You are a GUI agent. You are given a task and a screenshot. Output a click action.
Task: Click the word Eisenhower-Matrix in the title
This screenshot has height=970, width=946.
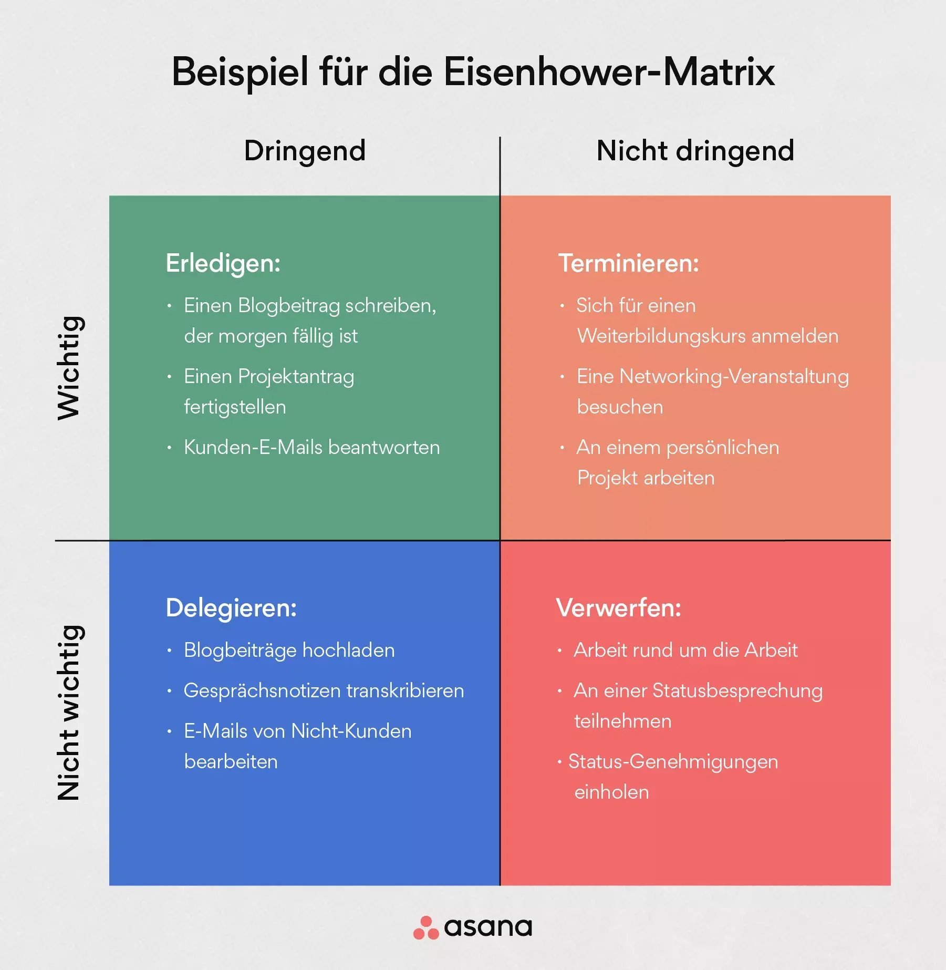[609, 72]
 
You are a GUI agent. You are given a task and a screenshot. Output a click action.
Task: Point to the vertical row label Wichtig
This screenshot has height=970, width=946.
[69, 368]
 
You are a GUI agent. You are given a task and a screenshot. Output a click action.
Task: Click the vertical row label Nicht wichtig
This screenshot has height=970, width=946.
[69, 713]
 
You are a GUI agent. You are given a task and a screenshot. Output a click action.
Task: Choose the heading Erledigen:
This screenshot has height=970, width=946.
[223, 264]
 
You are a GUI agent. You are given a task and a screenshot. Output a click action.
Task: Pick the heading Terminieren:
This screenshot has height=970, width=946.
[629, 263]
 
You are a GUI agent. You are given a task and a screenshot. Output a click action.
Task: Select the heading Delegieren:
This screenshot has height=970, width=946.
[232, 608]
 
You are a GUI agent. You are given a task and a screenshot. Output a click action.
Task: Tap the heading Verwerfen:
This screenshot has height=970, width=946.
[619, 608]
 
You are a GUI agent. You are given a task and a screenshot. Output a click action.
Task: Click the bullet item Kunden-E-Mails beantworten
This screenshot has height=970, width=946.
[312, 447]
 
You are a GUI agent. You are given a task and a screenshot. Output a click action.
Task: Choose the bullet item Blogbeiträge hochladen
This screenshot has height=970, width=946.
[289, 651]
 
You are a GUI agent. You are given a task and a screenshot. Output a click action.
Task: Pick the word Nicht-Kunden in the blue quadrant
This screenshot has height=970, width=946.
[351, 731]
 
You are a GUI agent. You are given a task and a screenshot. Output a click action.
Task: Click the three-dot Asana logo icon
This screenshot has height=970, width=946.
[426, 927]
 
